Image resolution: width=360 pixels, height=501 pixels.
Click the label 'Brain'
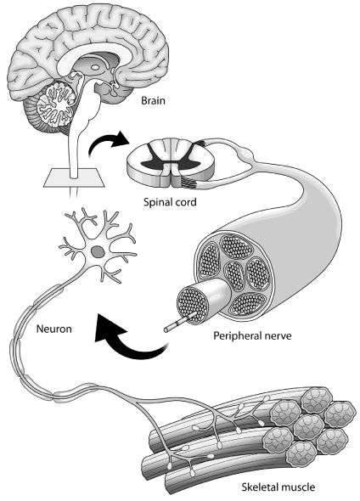[x=154, y=101]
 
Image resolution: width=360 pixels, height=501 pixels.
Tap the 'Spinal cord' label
[x=170, y=202]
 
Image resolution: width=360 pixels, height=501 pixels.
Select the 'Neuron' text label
[x=53, y=329]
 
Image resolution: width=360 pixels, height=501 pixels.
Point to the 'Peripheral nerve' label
[x=252, y=336]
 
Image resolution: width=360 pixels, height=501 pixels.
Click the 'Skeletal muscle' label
[x=278, y=487]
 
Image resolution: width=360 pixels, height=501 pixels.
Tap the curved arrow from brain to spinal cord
[x=107, y=144]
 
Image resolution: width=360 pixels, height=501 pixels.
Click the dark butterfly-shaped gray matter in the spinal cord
[x=171, y=158]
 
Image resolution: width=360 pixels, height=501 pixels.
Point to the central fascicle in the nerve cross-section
[x=234, y=275]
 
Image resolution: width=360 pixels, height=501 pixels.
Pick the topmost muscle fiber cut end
[x=317, y=399]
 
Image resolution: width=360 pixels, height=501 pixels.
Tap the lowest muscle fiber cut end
[x=301, y=454]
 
